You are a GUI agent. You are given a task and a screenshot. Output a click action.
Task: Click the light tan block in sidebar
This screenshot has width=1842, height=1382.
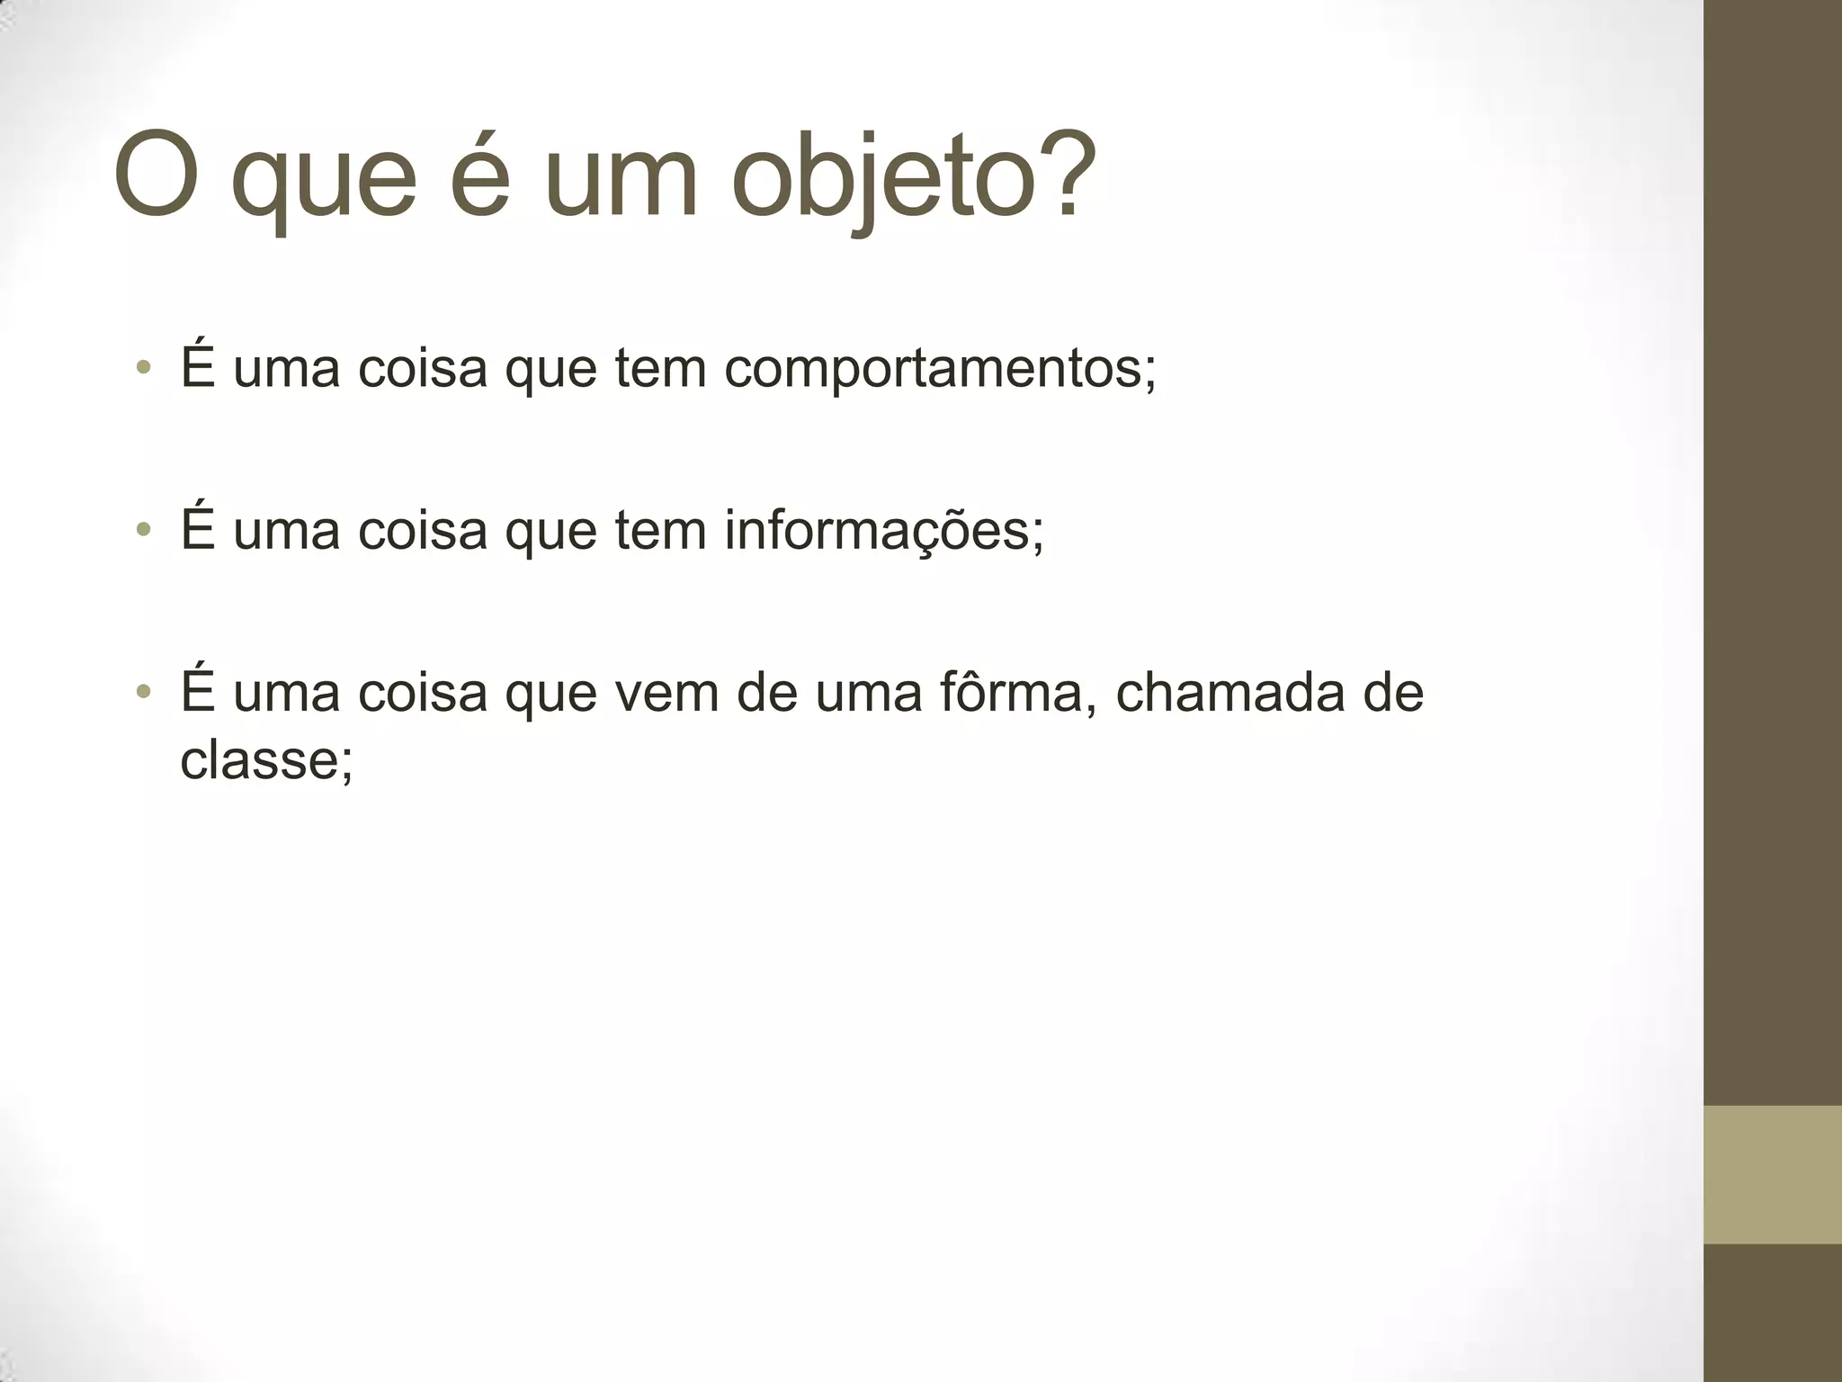(x=1773, y=1174)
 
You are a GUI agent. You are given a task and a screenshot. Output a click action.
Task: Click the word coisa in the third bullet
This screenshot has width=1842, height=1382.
(x=422, y=693)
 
